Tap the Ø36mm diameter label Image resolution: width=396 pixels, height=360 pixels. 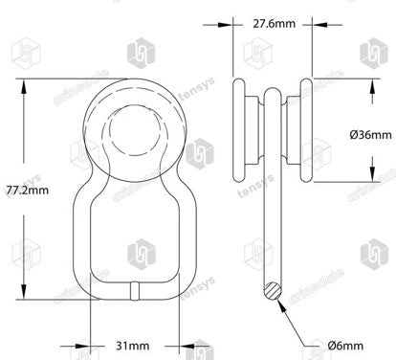370,133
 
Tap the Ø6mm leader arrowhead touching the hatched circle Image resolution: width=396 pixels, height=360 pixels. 279,298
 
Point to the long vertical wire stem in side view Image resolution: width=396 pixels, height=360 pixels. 272,211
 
